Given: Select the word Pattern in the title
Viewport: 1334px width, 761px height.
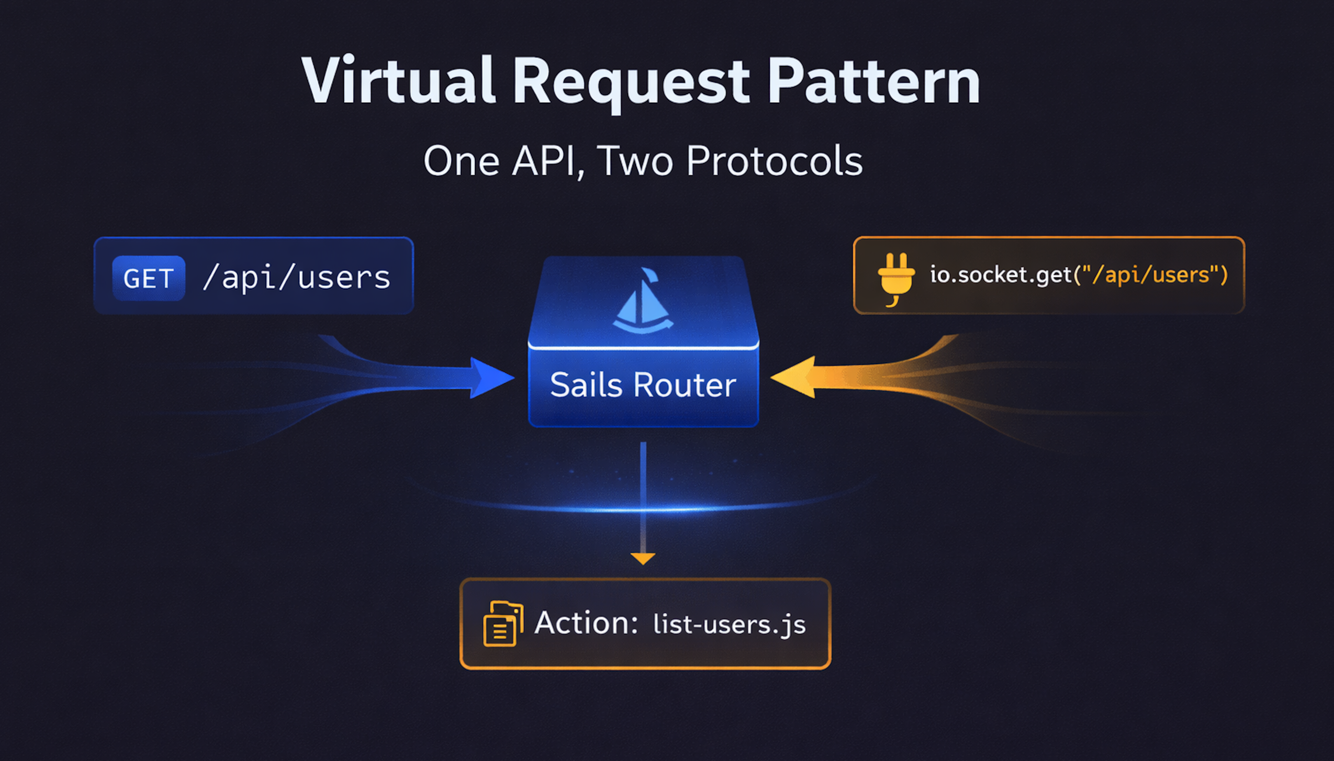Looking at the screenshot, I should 873,81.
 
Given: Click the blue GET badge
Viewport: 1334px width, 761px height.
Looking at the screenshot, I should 148,278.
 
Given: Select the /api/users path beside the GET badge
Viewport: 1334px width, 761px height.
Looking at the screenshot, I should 297,277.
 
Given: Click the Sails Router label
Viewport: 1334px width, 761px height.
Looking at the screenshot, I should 643,385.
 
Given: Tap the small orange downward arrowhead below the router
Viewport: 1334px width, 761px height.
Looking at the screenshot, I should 643,558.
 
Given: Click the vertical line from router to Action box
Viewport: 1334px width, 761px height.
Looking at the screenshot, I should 643,496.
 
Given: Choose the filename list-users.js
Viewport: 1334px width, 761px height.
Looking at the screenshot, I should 729,624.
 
